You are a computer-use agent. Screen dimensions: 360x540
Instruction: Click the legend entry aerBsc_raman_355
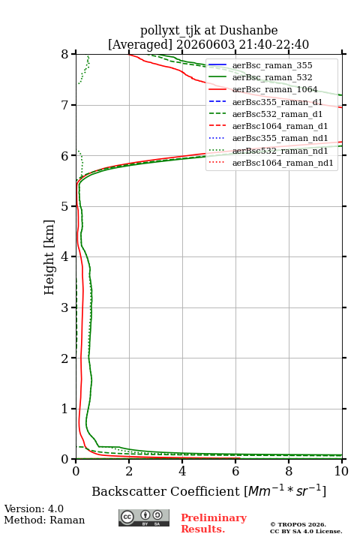pos(272,65)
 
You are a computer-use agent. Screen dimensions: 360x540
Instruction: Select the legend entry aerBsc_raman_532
pos(272,77)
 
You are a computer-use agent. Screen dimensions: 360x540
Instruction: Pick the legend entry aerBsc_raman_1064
pos(275,89)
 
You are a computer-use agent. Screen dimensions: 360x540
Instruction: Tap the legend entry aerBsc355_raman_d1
pos(277,102)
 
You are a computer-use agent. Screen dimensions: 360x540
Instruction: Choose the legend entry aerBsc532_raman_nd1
pos(280,151)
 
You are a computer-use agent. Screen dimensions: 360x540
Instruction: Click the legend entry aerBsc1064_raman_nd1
pos(283,163)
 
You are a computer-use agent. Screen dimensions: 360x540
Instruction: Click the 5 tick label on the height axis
pos(65,207)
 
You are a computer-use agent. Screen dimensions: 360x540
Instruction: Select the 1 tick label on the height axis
pos(65,409)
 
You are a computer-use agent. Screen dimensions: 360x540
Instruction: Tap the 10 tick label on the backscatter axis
pos(341,471)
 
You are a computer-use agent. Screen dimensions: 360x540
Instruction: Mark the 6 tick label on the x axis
pos(235,471)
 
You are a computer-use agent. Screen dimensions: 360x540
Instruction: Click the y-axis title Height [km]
pos(49,257)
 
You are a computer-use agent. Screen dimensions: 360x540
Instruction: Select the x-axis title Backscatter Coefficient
pos(165,491)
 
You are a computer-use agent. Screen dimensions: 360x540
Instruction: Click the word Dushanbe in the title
pos(248,30)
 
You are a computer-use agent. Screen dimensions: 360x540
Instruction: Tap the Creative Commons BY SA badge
pos(144,517)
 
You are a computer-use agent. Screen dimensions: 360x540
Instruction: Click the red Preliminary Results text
pos(214,523)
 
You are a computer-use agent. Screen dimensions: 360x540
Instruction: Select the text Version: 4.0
pos(34,508)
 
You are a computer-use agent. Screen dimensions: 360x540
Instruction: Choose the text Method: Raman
pos(44,520)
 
